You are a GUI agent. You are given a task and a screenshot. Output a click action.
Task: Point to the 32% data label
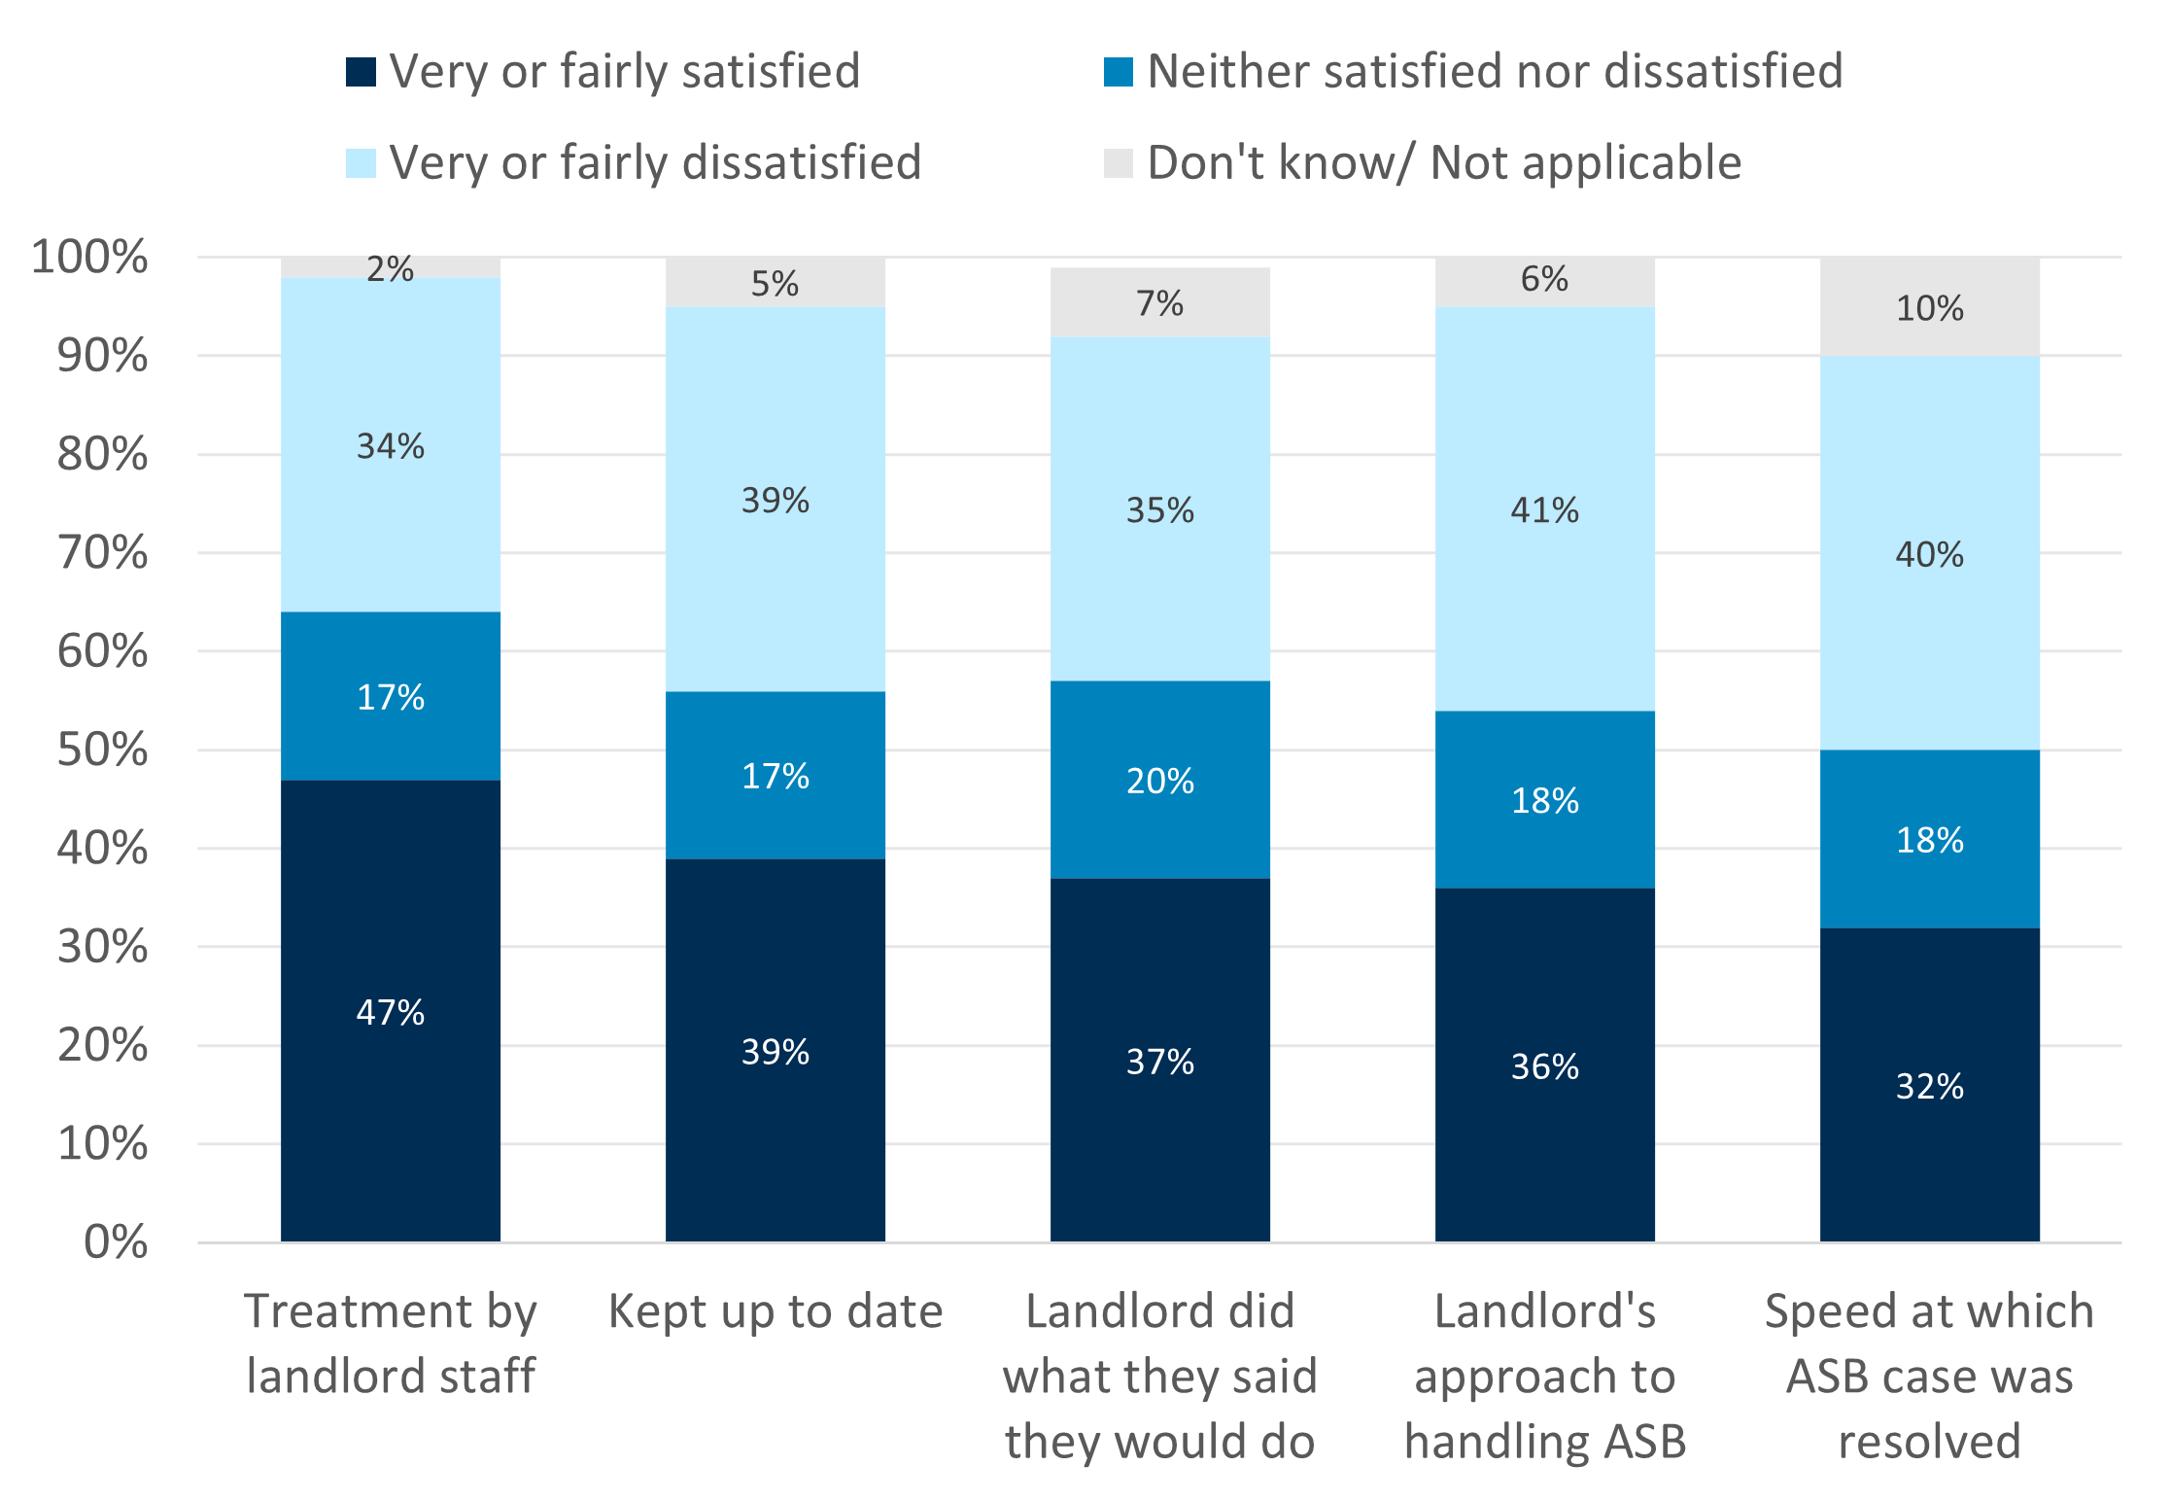pyautogui.click(x=1929, y=1086)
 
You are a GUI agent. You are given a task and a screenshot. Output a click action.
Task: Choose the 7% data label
pyautogui.click(x=1159, y=303)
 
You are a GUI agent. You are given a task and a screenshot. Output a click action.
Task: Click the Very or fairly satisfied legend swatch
pyautogui.click(x=361, y=72)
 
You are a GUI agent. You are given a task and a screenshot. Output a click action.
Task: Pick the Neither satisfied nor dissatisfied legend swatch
pyautogui.click(x=1119, y=72)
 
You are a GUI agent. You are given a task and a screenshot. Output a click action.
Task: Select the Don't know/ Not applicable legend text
pyautogui.click(x=1444, y=162)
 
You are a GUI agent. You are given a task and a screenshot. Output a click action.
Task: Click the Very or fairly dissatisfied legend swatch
pyautogui.click(x=361, y=162)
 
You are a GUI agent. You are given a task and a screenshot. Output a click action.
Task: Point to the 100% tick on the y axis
pyautogui.click(x=90, y=257)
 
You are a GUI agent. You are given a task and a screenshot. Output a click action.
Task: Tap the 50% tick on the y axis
pyautogui.click(x=103, y=750)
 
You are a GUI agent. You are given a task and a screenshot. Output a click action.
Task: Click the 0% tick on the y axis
pyautogui.click(x=116, y=1242)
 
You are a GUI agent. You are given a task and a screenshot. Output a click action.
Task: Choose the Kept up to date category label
pyautogui.click(x=775, y=1311)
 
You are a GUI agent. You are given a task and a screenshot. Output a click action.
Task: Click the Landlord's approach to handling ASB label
pyautogui.click(x=1544, y=1376)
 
